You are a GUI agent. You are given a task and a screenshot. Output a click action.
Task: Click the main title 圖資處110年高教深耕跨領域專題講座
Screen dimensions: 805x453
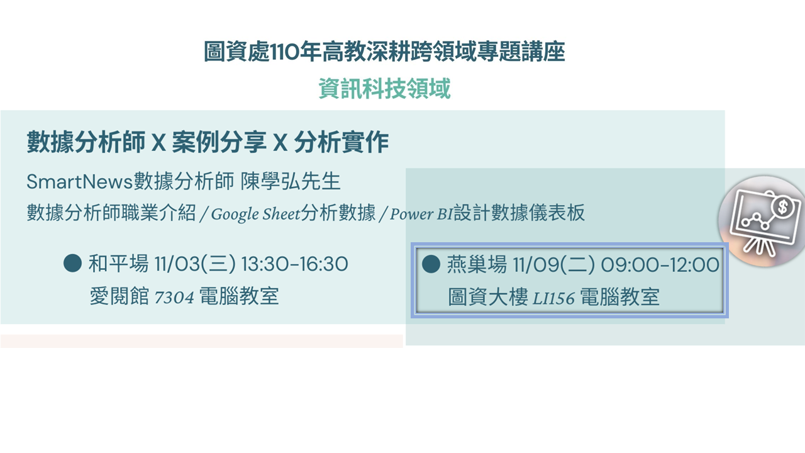tap(384, 52)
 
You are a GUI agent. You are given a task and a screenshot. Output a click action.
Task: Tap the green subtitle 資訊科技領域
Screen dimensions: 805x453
tap(384, 89)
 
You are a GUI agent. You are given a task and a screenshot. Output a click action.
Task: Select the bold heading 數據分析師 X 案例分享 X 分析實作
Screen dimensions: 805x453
tap(208, 142)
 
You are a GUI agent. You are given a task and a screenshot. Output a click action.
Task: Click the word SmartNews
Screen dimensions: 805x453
tap(79, 181)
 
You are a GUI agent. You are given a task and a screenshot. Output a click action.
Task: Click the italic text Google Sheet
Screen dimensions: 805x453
tap(255, 213)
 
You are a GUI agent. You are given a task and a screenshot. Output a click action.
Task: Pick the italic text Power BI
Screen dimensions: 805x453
tap(421, 214)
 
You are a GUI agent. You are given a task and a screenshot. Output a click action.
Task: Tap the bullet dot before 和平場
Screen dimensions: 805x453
tap(72, 263)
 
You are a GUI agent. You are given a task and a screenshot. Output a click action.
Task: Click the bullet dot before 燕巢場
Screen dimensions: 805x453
tap(431, 264)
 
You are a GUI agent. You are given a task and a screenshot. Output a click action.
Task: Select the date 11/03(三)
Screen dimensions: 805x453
tap(195, 264)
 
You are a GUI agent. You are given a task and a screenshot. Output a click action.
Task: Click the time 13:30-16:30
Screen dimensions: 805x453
tap(294, 264)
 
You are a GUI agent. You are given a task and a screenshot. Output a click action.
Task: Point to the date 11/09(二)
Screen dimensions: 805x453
tap(554, 265)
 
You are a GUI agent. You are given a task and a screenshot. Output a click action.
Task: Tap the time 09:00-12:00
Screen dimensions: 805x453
tap(660, 265)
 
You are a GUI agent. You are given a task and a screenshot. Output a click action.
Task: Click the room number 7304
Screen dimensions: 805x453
tap(174, 298)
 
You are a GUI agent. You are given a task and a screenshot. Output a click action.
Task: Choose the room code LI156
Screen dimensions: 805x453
tap(553, 298)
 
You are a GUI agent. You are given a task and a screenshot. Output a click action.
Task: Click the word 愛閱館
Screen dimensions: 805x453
tap(119, 296)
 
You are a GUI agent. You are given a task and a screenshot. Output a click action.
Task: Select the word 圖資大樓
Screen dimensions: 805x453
tap(488, 297)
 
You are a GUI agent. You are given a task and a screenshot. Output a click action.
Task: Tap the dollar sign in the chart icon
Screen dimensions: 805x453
tap(783, 207)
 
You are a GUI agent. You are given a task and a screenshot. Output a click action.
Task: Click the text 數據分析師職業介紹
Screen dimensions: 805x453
tap(111, 213)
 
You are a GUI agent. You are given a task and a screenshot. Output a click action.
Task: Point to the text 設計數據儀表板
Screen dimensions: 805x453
tap(519, 213)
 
